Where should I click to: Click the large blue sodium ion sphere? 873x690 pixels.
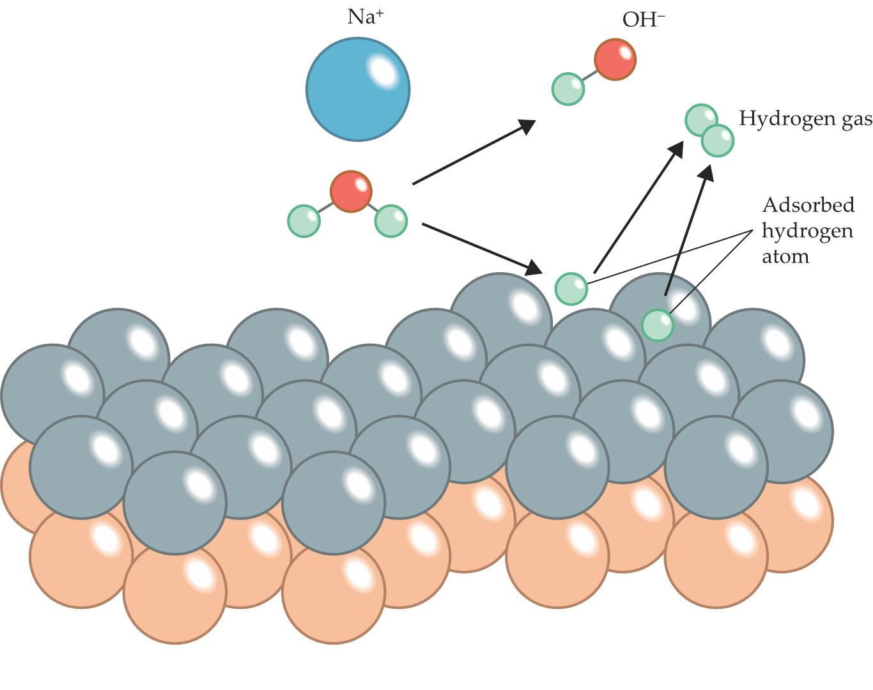[358, 89]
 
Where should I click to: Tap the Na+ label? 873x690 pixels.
[365, 17]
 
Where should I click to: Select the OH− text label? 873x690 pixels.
[644, 19]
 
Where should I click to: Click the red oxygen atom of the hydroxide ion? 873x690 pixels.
[615, 59]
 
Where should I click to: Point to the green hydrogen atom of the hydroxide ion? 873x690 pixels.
[568, 89]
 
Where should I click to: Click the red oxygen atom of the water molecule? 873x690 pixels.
[351, 192]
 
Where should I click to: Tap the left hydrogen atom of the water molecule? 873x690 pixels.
[304, 221]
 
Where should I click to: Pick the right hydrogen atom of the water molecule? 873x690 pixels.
[390, 221]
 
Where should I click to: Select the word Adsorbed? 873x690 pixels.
[808, 205]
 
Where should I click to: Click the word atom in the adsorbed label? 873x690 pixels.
[785, 257]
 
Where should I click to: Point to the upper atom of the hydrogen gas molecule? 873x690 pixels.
[701, 120]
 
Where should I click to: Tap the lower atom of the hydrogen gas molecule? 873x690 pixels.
[717, 141]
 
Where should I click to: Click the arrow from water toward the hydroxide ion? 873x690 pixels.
[474, 153]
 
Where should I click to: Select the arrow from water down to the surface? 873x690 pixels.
[482, 249]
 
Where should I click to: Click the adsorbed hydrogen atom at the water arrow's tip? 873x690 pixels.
[571, 289]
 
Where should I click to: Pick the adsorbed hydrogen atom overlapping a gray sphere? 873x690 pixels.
[658, 325]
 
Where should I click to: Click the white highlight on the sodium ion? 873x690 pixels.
[382, 72]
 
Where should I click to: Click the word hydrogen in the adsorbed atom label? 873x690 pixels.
[807, 232]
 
